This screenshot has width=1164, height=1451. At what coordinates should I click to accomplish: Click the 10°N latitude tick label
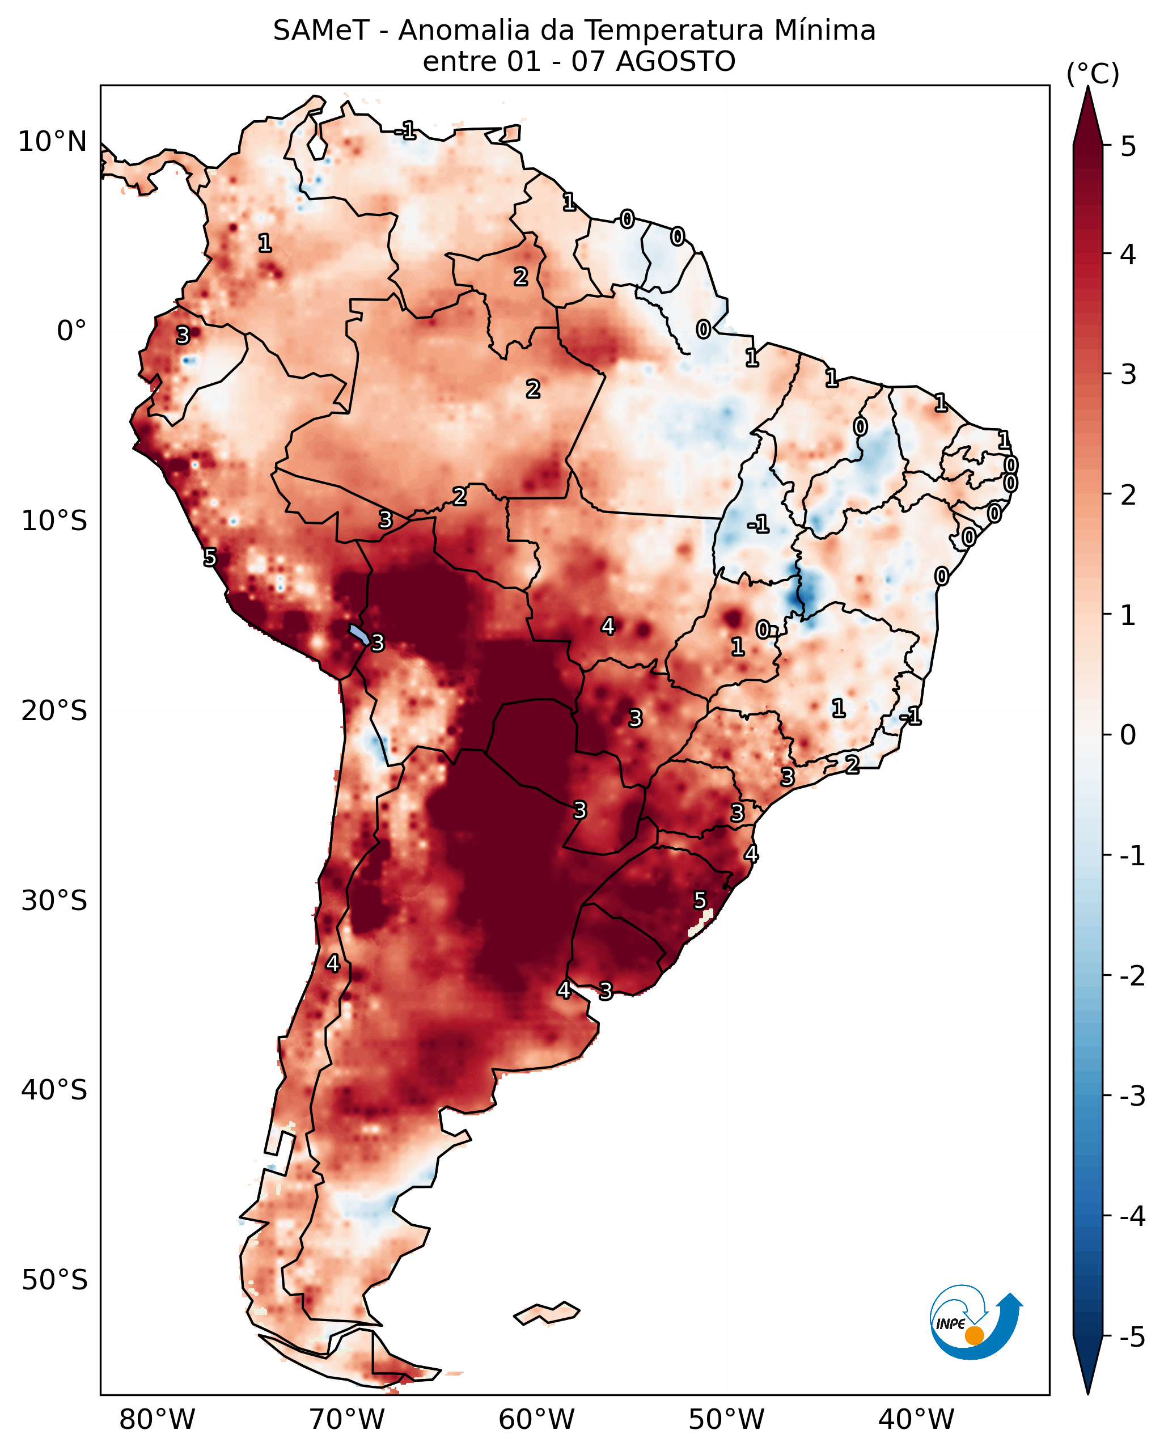click(x=53, y=142)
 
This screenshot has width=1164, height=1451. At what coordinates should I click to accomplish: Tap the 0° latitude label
click(x=72, y=331)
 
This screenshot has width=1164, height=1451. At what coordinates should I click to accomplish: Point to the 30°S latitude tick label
click(x=54, y=900)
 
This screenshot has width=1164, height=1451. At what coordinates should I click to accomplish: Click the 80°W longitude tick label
click(x=158, y=1420)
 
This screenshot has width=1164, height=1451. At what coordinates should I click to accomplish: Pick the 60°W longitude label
click(x=537, y=1420)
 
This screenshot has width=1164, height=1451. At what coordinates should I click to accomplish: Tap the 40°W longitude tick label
click(x=916, y=1420)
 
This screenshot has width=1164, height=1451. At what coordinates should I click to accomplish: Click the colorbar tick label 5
click(x=1128, y=147)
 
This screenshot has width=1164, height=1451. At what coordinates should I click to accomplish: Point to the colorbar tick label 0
click(x=1128, y=734)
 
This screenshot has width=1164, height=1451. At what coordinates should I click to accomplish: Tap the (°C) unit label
click(x=1093, y=74)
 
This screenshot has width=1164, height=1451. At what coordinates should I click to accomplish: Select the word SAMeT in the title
click(x=321, y=31)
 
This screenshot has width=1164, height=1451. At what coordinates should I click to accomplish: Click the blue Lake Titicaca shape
click(x=359, y=633)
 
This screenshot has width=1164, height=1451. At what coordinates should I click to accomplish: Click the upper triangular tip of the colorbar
click(x=1088, y=87)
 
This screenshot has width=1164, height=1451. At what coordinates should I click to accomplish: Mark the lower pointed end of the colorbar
click(x=1088, y=1392)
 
